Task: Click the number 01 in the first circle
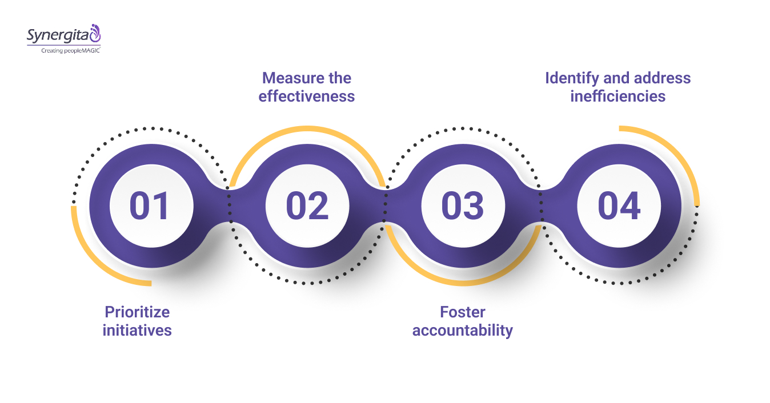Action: click(150, 206)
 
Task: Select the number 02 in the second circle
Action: click(307, 206)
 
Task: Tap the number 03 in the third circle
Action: click(463, 206)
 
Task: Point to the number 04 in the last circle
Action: click(619, 206)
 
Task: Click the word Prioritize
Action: click(137, 312)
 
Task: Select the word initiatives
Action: click(137, 331)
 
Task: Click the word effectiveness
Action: click(307, 96)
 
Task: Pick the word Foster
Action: click(463, 312)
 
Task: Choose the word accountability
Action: click(463, 331)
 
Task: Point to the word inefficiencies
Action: click(618, 96)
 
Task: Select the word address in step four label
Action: click(663, 78)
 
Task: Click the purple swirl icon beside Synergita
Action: click(95, 33)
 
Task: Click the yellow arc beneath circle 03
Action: click(463, 283)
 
